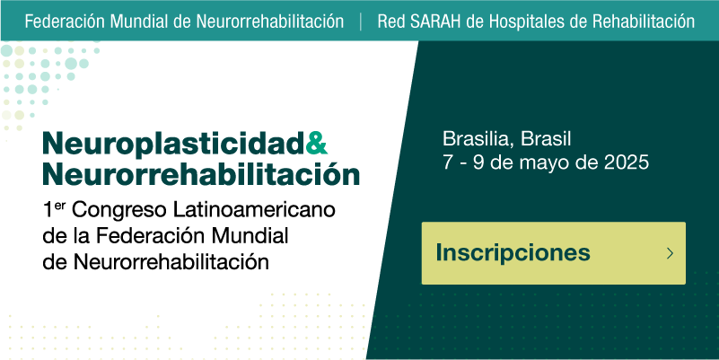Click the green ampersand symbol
(x=316, y=143)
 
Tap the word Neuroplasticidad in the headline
(x=174, y=145)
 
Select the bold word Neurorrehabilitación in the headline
(x=201, y=174)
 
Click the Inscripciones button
(x=554, y=253)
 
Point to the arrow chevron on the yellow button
(x=670, y=253)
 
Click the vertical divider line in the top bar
(x=361, y=22)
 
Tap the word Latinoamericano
(x=254, y=210)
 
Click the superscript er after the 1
(x=60, y=206)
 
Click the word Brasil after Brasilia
(x=546, y=139)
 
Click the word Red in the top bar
(x=391, y=22)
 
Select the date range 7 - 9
(x=463, y=162)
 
